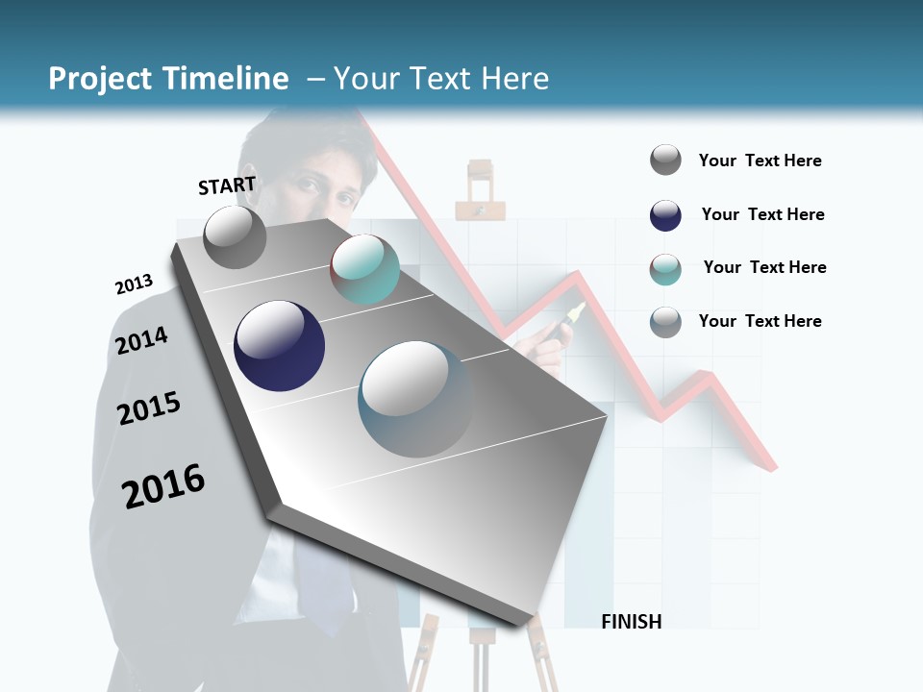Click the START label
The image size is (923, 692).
click(x=227, y=185)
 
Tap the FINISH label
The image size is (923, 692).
click(x=631, y=622)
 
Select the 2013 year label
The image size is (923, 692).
click(x=134, y=284)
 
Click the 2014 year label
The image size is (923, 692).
click(x=141, y=340)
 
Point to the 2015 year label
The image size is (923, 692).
click(x=149, y=408)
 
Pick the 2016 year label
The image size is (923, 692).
click(x=163, y=486)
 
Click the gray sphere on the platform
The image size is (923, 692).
click(x=235, y=236)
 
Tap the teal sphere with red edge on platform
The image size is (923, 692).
click(x=364, y=269)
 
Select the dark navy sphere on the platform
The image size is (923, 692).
click(x=280, y=345)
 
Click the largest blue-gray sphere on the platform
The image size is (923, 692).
click(x=415, y=398)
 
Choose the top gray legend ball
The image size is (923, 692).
click(x=665, y=161)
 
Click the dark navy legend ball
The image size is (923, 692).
click(x=665, y=215)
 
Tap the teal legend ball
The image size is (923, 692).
click(x=665, y=269)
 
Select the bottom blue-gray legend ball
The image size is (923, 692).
click(x=665, y=322)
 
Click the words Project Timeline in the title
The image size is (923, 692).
click(x=168, y=79)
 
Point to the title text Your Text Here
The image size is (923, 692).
click(x=441, y=79)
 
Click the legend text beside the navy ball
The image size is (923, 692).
click(x=762, y=214)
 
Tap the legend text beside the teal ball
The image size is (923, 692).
click(x=764, y=267)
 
